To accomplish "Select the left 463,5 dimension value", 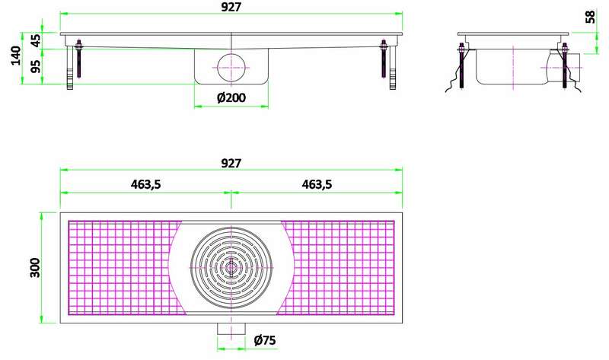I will (145, 183).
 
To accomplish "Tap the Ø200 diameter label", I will (231, 98).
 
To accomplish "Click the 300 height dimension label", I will (33, 267).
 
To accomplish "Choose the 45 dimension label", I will (34, 40).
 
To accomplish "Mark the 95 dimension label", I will (34, 67).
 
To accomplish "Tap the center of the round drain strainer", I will (231, 267).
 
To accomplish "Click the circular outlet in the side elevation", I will (231, 67).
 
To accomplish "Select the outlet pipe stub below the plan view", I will (231, 329).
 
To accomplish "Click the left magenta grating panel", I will (122, 267).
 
